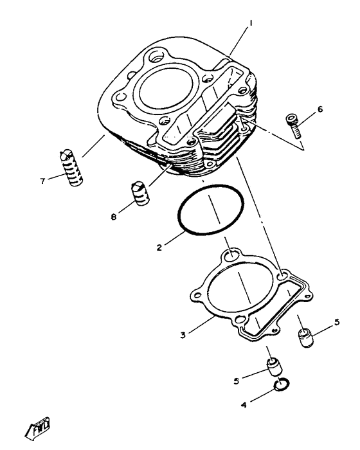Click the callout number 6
(x=320, y=109)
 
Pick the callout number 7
(x=42, y=181)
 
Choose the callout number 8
(x=114, y=217)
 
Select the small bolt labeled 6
(x=294, y=125)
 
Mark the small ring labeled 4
(x=280, y=386)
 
